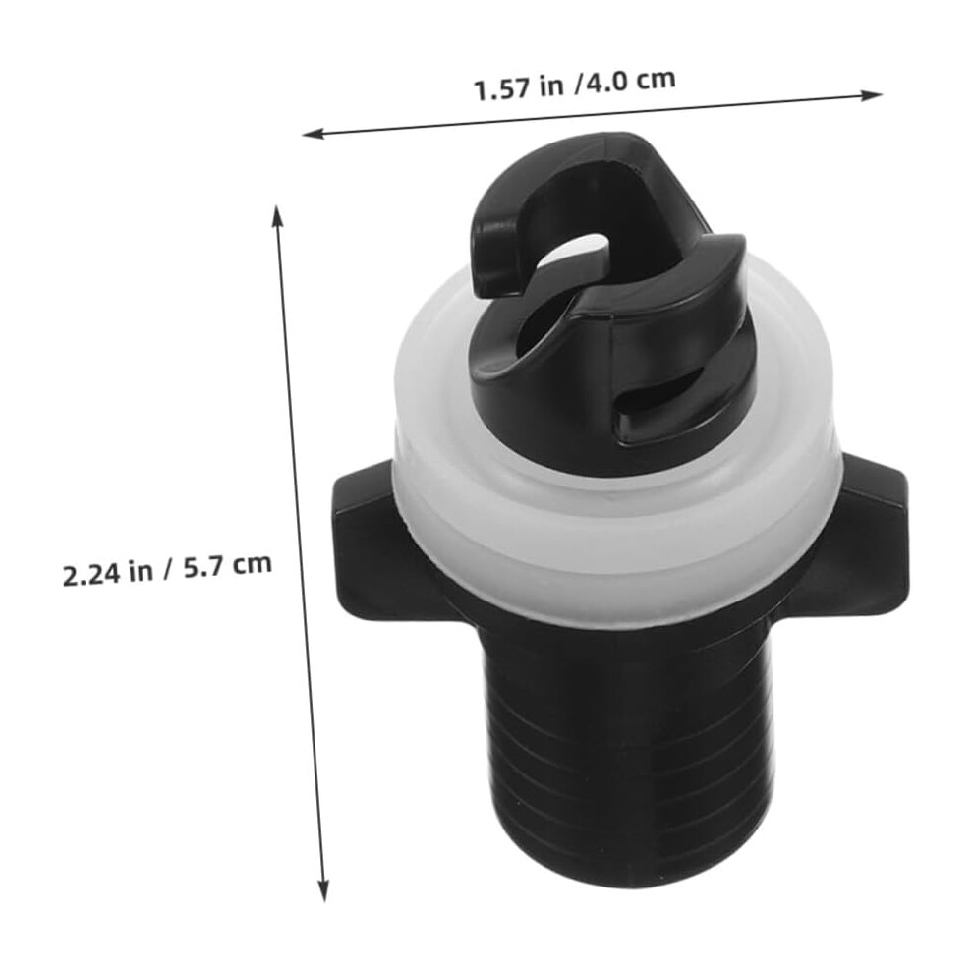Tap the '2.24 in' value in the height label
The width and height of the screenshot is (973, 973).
107,573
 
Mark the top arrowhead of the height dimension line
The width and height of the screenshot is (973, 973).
278,216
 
